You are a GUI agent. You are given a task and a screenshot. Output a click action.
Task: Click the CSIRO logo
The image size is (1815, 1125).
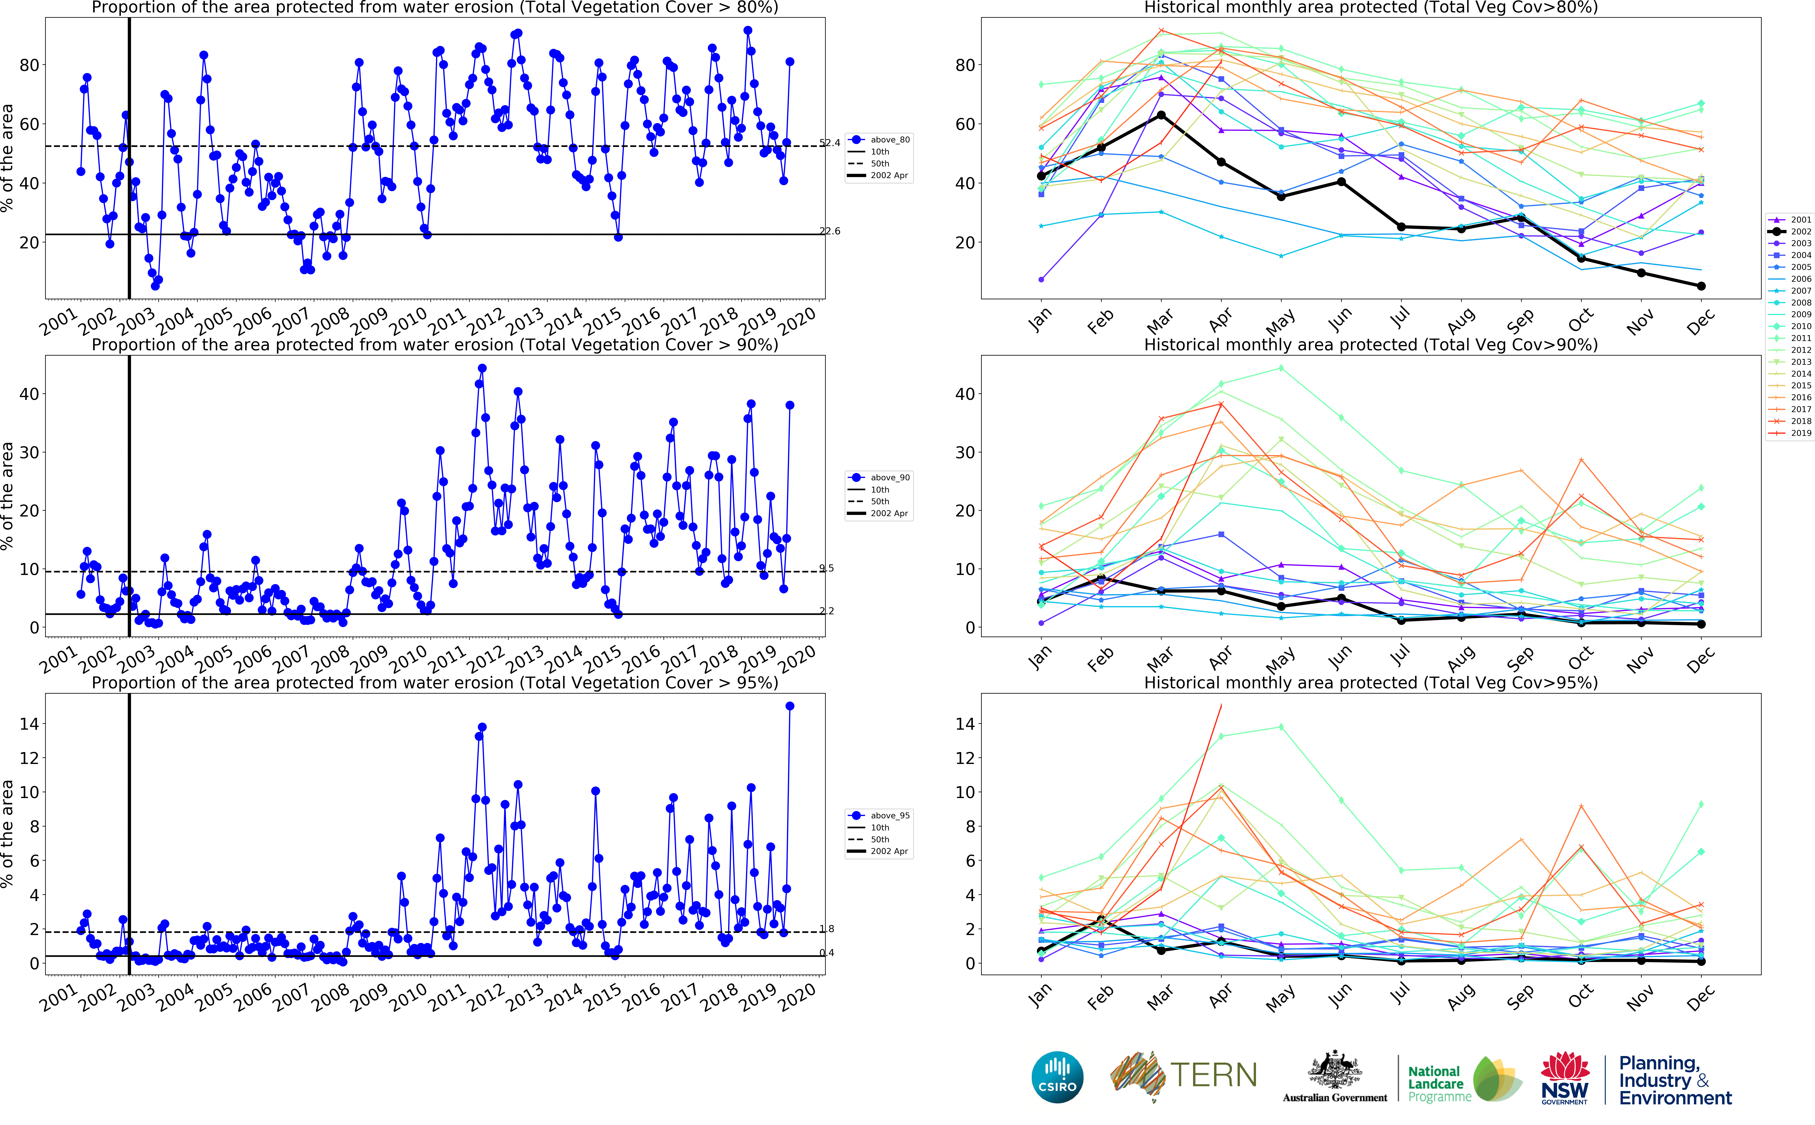tap(1057, 1077)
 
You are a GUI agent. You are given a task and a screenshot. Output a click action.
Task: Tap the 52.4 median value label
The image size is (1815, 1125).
tap(830, 143)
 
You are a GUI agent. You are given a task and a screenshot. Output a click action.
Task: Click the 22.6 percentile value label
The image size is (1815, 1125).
tap(830, 231)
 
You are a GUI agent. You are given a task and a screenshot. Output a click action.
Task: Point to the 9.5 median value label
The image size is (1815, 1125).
tap(827, 569)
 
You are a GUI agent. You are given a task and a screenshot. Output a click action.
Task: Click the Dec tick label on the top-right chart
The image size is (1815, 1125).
tap(1700, 321)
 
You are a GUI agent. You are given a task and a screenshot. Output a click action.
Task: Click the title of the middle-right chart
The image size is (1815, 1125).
tap(1370, 344)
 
